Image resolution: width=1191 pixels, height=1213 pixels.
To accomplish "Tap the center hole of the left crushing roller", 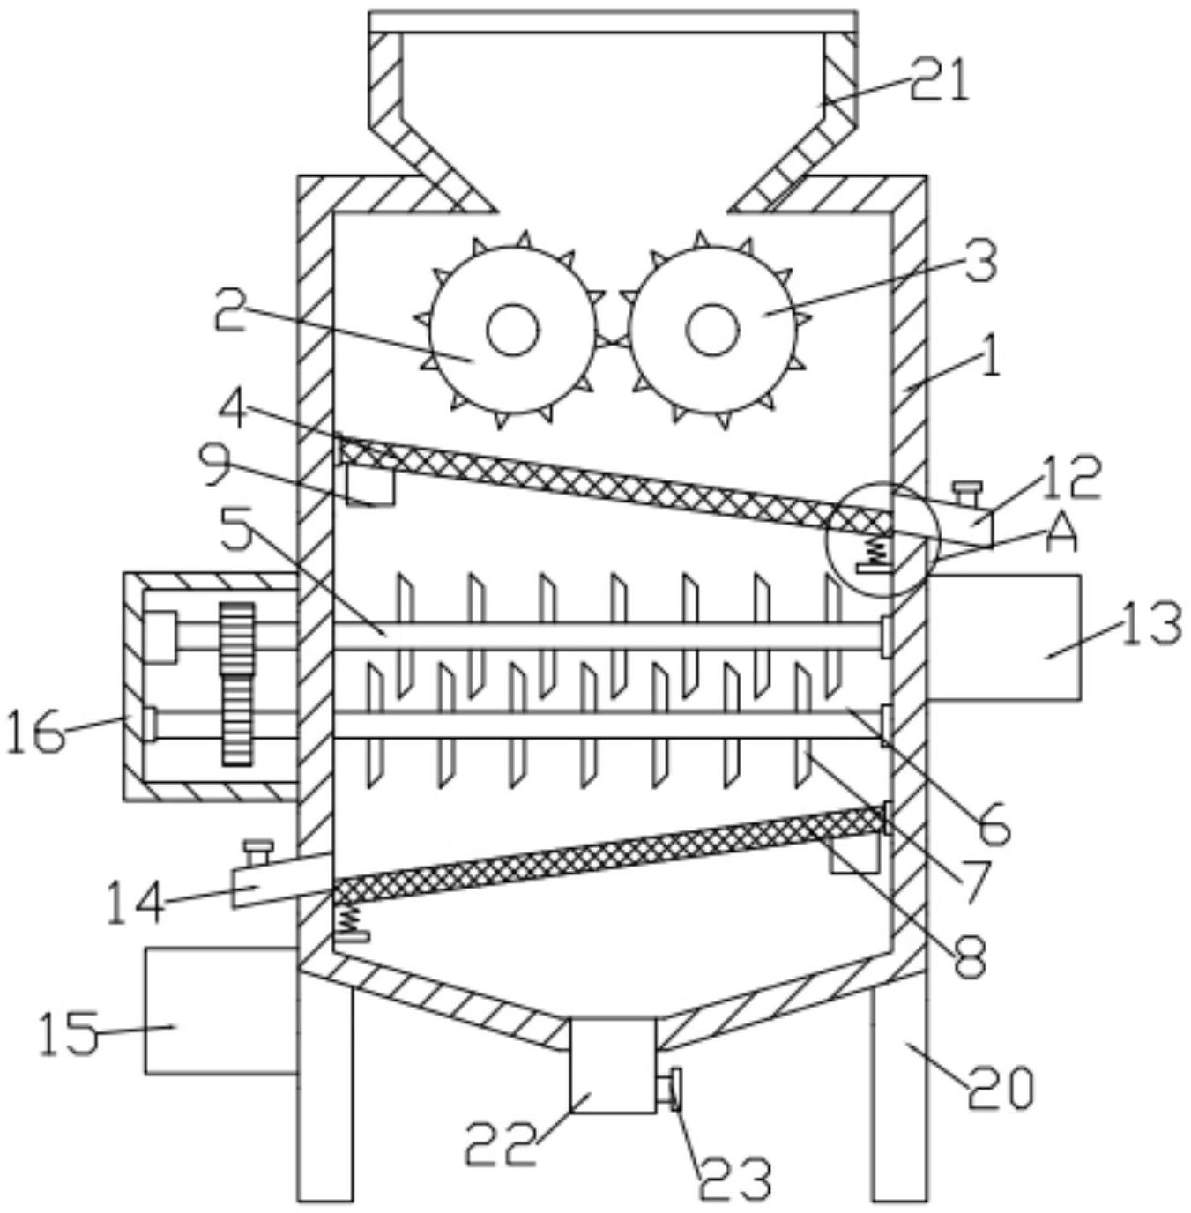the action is pos(514,330).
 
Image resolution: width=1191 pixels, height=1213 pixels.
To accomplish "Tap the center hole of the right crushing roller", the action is pos(712,330).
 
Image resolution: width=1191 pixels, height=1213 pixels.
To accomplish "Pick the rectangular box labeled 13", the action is pos(1005,636).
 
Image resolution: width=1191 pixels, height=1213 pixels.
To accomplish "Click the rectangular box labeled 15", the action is pos(220,1011).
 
